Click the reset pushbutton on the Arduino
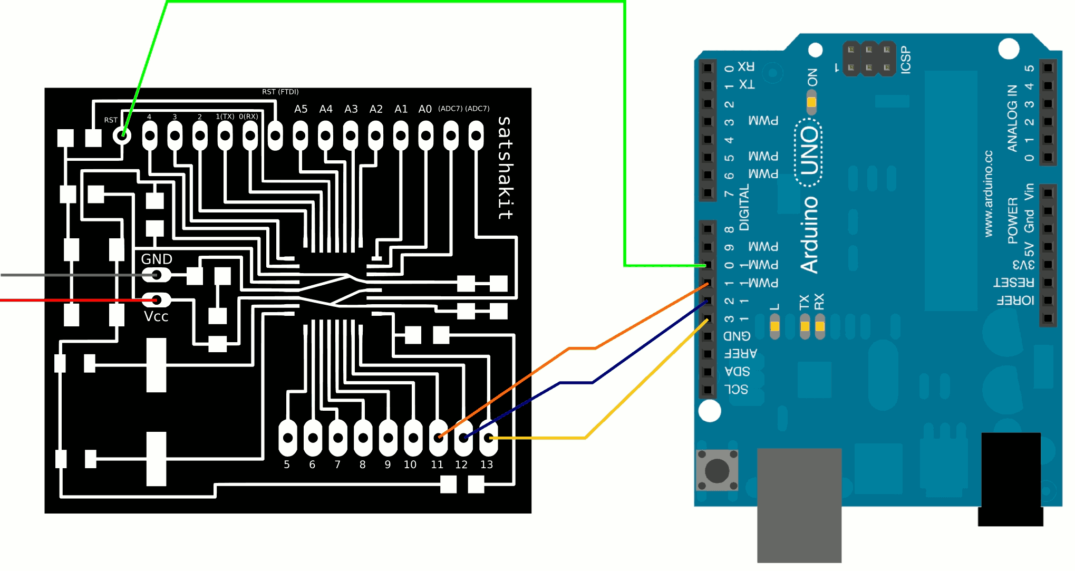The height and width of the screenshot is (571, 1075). point(717,470)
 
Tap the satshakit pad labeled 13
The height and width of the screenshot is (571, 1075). point(489,438)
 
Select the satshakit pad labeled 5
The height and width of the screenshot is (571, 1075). point(288,438)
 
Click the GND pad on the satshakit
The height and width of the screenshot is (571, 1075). point(157,275)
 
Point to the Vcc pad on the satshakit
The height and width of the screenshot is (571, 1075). point(157,300)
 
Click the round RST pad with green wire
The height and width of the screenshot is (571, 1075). point(122,136)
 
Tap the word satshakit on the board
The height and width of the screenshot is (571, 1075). point(505,168)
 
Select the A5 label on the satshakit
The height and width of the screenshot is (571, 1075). point(301,109)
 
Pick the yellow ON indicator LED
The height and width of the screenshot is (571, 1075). point(812,102)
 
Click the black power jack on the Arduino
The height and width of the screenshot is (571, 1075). point(1010,477)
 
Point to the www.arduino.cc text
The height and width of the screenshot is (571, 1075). point(989,193)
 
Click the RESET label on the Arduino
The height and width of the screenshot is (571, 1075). point(1013,283)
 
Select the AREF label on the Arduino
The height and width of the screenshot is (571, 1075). point(740,353)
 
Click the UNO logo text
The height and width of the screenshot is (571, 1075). point(809,152)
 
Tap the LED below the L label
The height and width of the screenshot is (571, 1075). point(774,326)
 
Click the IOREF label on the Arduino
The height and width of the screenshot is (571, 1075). point(1015,301)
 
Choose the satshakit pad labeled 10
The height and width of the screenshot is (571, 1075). point(413,438)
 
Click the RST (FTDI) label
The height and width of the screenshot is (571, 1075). point(280,92)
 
